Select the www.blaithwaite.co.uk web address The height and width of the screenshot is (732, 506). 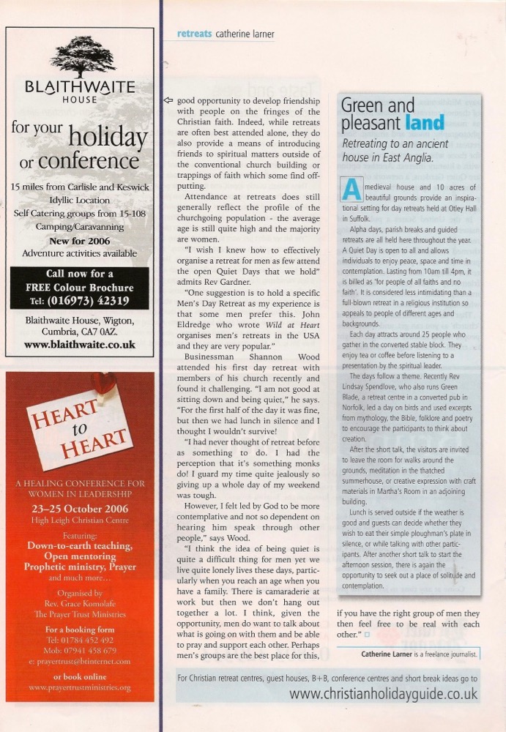coord(79,344)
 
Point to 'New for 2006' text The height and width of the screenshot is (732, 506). coord(80,241)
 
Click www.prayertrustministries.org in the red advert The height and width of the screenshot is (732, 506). coord(80,688)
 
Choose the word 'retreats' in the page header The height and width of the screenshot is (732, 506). coord(194,33)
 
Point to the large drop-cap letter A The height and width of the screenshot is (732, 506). coord(351,190)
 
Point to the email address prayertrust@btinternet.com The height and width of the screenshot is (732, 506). coord(80,661)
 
